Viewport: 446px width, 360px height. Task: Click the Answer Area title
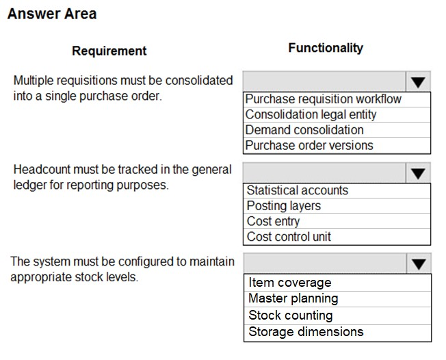pyautogui.click(x=52, y=14)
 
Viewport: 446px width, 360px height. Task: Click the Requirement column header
pyautogui.click(x=109, y=51)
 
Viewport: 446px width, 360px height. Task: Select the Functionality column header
pyautogui.click(x=326, y=48)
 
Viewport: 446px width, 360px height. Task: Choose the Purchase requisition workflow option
pyautogui.click(x=324, y=99)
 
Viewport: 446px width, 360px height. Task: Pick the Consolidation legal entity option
pyautogui.click(x=311, y=114)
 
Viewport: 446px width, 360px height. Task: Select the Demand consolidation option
pyautogui.click(x=304, y=130)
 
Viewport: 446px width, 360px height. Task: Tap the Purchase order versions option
pyautogui.click(x=309, y=145)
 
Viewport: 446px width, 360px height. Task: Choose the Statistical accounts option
pyautogui.click(x=297, y=190)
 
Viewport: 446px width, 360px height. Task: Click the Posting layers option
pyautogui.click(x=283, y=206)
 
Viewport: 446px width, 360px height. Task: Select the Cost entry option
pyautogui.click(x=273, y=221)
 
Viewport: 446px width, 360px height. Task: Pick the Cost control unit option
pyautogui.click(x=289, y=237)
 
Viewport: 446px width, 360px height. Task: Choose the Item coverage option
pyautogui.click(x=290, y=283)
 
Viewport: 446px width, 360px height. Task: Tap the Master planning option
pyautogui.click(x=293, y=298)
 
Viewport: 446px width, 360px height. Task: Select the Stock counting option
pyautogui.click(x=291, y=316)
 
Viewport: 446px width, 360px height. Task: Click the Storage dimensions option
pyautogui.click(x=306, y=332)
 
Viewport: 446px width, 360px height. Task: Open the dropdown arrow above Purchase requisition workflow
pyautogui.click(x=418, y=82)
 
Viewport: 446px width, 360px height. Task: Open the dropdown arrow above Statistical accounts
pyautogui.click(x=418, y=173)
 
